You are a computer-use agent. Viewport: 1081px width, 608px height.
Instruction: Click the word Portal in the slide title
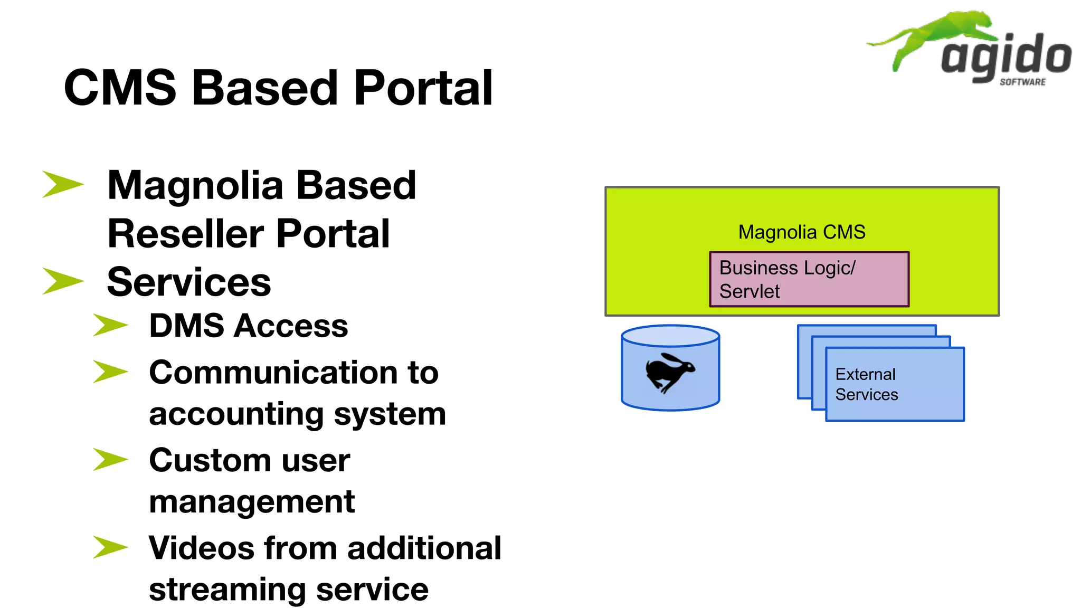[x=423, y=88]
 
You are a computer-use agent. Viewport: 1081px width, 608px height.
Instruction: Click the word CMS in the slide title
[x=120, y=88]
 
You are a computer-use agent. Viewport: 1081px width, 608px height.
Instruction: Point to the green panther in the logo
[x=934, y=34]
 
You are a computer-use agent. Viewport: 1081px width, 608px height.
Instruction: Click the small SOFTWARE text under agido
[x=1022, y=82]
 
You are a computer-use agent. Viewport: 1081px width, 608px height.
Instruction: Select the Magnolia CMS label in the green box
[x=801, y=232]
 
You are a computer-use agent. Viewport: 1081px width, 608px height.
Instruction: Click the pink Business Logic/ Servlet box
[x=809, y=279]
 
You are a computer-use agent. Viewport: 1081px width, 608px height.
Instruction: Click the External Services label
[x=866, y=384]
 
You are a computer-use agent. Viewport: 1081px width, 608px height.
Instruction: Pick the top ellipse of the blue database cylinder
[x=670, y=336]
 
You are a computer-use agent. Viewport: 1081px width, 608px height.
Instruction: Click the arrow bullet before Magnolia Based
[x=62, y=184]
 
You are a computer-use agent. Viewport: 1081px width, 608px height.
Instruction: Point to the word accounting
[x=236, y=414]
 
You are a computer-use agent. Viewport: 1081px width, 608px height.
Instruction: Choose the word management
[x=252, y=502]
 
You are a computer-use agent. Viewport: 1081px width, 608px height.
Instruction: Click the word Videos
[x=201, y=548]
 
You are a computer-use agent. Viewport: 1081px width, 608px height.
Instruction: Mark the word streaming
[x=227, y=590]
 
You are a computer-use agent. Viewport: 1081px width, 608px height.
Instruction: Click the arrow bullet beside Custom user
[x=110, y=459]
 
